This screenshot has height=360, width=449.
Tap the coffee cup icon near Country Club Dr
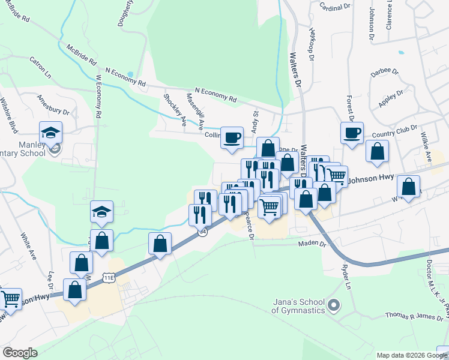[352, 133]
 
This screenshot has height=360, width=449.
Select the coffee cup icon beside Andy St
[232, 137]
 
